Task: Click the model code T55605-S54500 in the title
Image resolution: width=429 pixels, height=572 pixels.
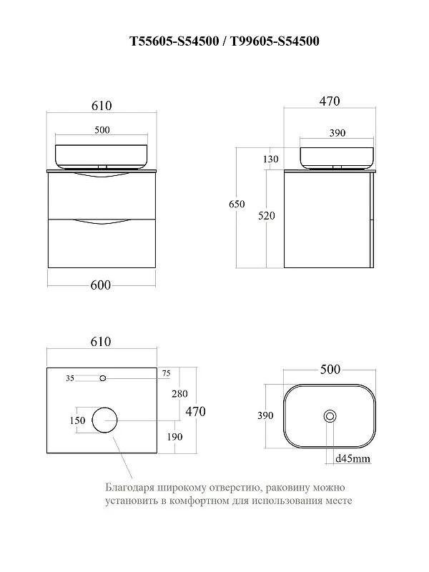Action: (x=174, y=41)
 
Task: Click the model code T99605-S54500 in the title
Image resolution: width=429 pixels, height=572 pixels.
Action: (x=275, y=41)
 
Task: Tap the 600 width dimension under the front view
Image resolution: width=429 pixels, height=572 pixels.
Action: (x=101, y=285)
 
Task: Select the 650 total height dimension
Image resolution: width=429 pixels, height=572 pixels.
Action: (x=237, y=204)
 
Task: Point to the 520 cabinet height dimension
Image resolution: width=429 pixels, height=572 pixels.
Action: (x=266, y=216)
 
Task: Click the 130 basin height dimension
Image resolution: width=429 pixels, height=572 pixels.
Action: (x=270, y=159)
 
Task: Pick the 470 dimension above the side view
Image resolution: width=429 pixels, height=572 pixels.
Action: (x=330, y=101)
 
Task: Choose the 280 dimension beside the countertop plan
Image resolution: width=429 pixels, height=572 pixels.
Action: (x=179, y=394)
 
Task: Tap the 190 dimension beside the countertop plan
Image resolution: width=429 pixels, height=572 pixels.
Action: (x=174, y=437)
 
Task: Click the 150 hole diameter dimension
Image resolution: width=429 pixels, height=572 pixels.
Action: (x=77, y=420)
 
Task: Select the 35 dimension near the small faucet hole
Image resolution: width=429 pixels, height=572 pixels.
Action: (x=70, y=378)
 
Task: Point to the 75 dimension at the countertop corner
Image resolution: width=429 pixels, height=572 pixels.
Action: (x=166, y=373)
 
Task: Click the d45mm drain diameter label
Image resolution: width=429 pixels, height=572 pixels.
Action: (x=352, y=458)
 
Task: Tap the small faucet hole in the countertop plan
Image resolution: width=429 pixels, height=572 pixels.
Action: (x=103, y=378)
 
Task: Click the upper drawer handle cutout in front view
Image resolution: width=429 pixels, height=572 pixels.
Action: (x=102, y=176)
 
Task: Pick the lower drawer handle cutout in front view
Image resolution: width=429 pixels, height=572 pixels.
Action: (x=102, y=222)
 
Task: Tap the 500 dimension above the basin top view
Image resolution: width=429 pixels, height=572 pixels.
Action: (x=330, y=369)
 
